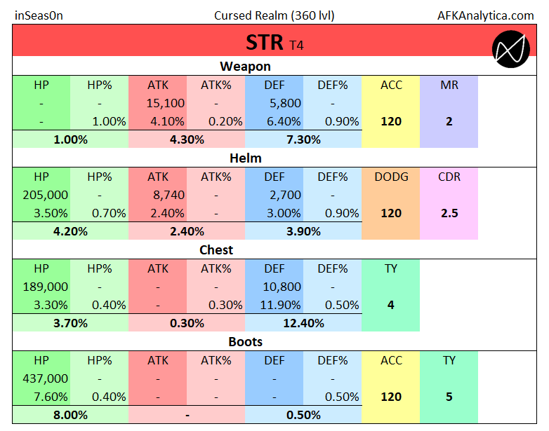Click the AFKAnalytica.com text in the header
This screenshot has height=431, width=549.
point(485,15)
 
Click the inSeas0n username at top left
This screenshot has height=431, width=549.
point(39,15)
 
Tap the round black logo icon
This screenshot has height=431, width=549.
point(511,49)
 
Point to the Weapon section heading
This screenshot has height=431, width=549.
point(245,67)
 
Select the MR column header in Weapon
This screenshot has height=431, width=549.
point(449,85)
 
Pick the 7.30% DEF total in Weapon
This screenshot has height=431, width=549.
point(303,139)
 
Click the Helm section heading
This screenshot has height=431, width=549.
point(245,158)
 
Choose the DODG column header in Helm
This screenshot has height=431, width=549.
point(391,177)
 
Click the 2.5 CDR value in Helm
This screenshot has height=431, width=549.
point(449,213)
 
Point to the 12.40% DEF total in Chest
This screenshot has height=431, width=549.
point(303,323)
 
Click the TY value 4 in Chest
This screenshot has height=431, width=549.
point(391,305)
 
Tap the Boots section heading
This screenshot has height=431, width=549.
point(245,342)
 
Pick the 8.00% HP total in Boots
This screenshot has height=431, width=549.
point(71,415)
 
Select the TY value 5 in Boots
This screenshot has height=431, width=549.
point(449,397)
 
